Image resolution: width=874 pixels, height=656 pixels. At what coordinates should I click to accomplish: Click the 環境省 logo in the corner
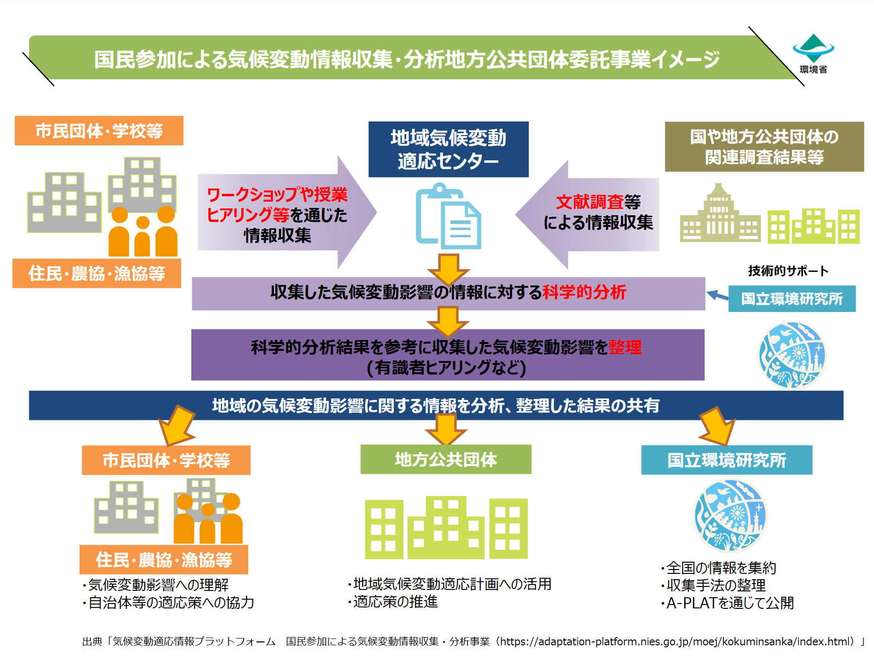(813, 53)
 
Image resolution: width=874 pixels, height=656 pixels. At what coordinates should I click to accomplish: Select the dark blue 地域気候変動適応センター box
(448, 149)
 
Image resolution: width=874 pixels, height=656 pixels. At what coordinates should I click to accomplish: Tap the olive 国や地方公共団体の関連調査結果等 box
(764, 147)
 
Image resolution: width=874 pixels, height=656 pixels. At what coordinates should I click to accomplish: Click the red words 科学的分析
(584, 293)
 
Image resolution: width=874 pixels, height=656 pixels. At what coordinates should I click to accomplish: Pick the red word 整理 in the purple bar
(625, 347)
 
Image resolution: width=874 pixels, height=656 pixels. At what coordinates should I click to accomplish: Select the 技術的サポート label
(788, 271)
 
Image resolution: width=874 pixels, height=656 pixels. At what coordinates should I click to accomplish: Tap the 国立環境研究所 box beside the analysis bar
(791, 299)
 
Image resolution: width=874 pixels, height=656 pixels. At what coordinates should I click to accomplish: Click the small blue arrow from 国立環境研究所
(717, 295)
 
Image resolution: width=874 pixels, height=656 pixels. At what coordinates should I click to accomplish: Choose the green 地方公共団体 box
(446, 459)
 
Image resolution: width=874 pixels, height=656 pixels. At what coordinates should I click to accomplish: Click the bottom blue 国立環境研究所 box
(726, 460)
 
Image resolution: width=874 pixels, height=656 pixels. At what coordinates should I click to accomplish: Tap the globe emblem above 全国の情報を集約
(730, 516)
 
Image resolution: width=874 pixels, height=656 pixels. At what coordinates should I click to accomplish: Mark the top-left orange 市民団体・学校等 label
(99, 131)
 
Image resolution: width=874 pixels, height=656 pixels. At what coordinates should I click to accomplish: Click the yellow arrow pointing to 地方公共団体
(446, 430)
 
